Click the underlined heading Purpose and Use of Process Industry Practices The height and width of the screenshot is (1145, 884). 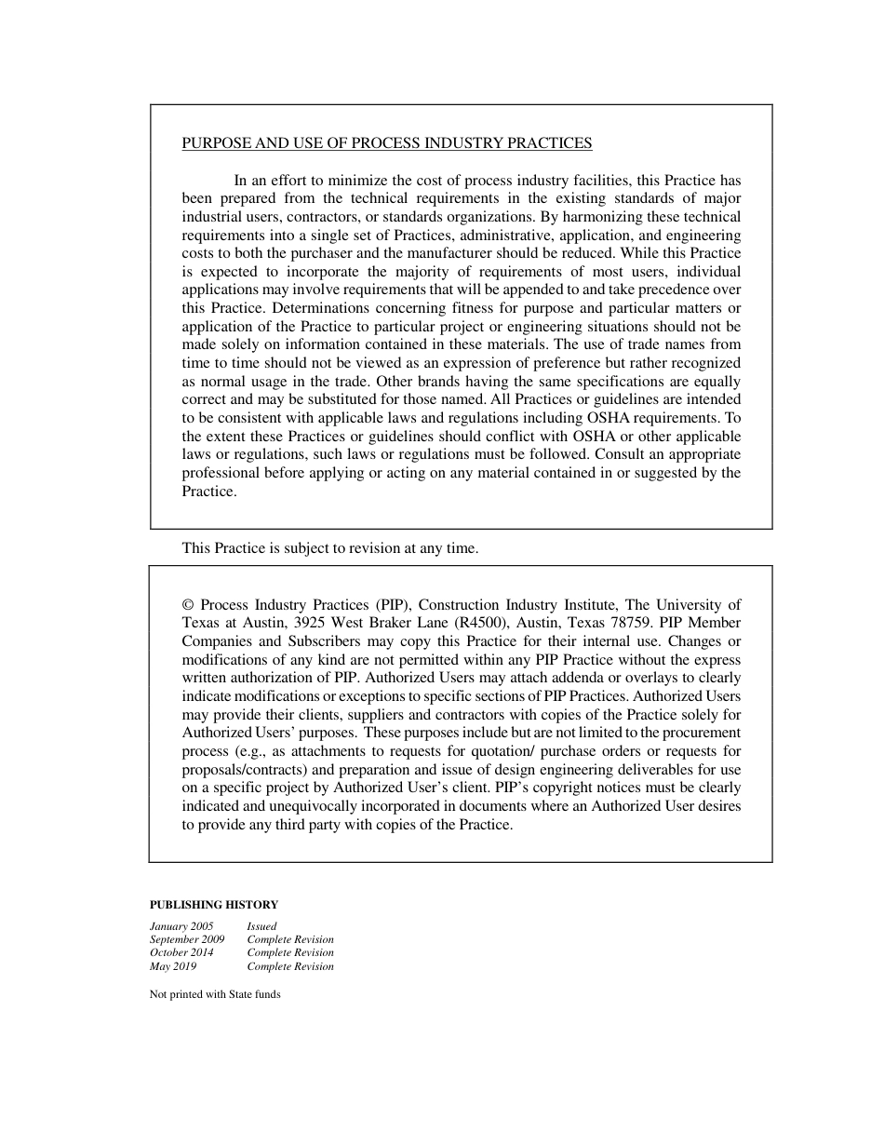(386, 143)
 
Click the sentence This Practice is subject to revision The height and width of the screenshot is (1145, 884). (329, 548)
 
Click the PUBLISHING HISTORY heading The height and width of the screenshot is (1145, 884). (214, 904)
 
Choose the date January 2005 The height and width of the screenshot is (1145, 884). (181, 926)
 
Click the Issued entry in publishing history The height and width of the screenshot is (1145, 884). (261, 926)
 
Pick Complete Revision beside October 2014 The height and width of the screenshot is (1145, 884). (290, 953)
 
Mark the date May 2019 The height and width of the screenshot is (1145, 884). (173, 966)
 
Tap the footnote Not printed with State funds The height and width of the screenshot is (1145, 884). (215, 994)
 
